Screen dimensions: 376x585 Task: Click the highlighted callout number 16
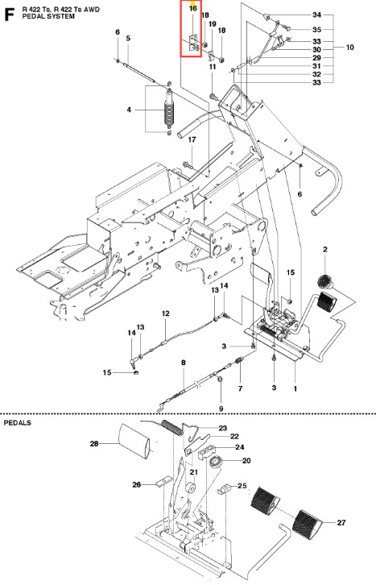192,8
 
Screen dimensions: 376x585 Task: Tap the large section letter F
9,15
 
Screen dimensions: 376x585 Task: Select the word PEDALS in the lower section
18,423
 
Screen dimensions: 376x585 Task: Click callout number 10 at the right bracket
350,47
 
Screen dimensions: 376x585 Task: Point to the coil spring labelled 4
169,111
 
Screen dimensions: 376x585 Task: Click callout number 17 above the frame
192,139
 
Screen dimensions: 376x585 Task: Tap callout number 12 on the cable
165,313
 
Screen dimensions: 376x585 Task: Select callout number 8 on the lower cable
184,363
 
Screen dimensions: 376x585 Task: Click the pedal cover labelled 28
134,441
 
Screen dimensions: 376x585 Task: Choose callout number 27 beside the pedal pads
341,522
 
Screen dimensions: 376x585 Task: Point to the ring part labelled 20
216,462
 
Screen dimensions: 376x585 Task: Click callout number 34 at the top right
316,15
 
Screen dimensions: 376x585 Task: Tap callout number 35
316,30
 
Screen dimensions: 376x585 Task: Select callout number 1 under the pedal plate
295,388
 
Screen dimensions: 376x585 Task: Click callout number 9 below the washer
221,409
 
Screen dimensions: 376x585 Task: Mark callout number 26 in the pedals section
137,484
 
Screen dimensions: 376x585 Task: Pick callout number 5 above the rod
128,38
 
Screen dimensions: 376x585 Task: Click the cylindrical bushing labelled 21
191,488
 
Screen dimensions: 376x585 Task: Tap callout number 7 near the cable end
241,388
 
